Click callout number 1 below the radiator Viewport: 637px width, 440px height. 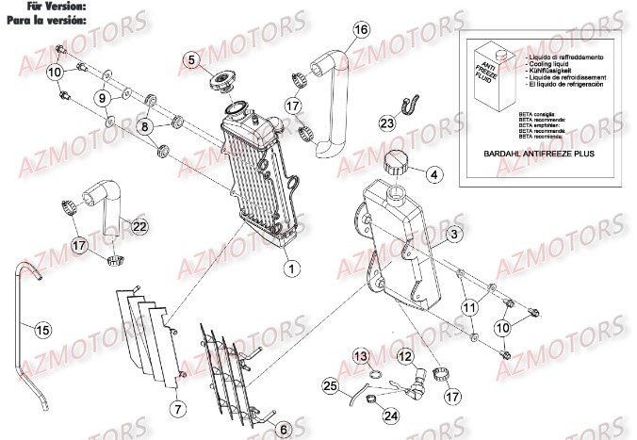coord(292,269)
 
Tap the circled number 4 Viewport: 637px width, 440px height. coord(433,173)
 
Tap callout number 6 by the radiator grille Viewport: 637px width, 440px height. coord(284,428)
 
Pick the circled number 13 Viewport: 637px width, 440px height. coord(362,355)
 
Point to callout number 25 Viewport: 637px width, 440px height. coord(329,386)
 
